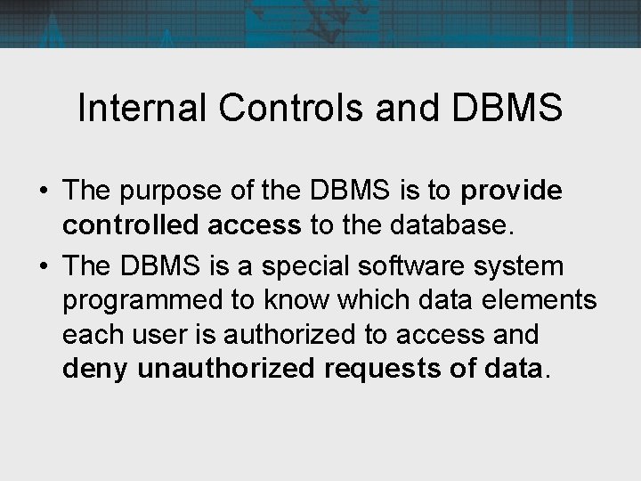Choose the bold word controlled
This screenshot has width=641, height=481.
[x=131, y=225]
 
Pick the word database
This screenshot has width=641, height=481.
[x=451, y=225]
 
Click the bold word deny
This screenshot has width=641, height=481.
[x=95, y=369]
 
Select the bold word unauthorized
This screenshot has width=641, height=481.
[x=226, y=368]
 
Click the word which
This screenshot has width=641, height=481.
[x=376, y=300]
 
